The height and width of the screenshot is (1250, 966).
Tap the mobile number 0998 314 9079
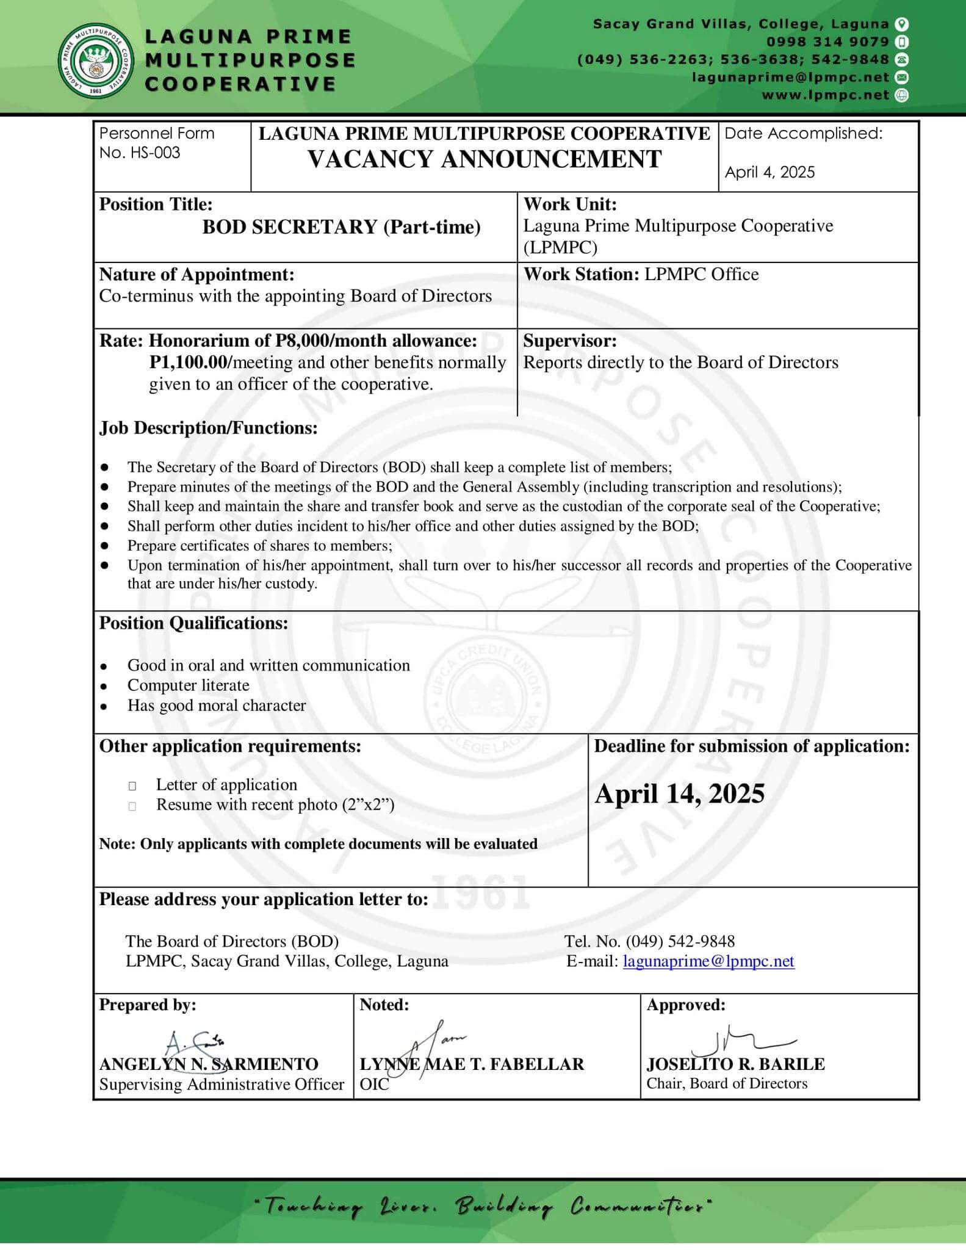pos(827,42)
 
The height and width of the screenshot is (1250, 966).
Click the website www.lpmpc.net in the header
pos(825,95)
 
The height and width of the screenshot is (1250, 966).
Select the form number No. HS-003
pos(140,153)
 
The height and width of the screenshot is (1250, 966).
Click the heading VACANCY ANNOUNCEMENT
pos(485,160)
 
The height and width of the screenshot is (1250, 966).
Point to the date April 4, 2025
pos(770,173)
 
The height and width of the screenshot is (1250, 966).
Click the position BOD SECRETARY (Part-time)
pos(341,227)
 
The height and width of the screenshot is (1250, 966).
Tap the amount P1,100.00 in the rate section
pos(189,363)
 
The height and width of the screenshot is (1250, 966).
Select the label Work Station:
pos(581,275)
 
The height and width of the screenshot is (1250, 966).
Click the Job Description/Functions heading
pos(209,428)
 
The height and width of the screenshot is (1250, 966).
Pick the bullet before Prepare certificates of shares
pos(105,546)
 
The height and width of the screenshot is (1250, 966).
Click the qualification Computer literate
pos(188,685)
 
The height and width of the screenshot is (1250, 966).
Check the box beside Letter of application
pos(132,786)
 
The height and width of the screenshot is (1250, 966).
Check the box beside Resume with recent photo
pos(132,806)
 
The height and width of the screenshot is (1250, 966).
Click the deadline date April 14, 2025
pos(679,794)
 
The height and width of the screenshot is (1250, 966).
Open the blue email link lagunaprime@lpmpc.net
pos(708,961)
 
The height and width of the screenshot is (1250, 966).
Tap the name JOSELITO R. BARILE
pos(735,1064)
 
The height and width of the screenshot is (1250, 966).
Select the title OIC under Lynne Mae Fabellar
pos(374,1084)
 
